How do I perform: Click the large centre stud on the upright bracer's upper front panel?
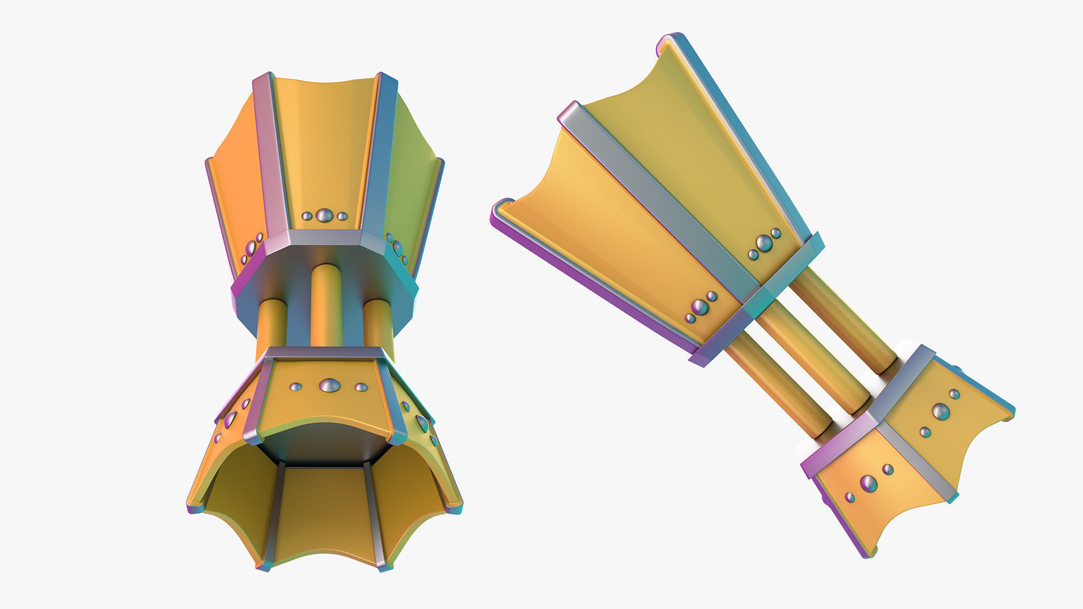point(324,215)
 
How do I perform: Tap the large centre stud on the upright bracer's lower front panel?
point(329,386)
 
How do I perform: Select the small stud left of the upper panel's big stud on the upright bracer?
point(307,216)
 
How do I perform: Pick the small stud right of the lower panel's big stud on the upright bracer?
point(361,387)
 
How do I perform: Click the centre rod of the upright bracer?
point(326,304)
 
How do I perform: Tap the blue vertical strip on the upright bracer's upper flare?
point(379,152)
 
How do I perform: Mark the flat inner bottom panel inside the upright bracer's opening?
point(324,507)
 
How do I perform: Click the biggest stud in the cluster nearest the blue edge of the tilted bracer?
point(764,243)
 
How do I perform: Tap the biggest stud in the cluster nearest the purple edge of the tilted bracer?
point(699,307)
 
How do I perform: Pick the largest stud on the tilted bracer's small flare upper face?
point(940,411)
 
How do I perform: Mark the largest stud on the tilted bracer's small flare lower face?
point(868,483)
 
